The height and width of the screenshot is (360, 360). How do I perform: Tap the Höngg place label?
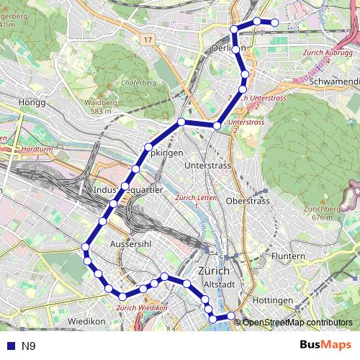tap(34, 102)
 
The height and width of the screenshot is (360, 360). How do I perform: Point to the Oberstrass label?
tap(248, 201)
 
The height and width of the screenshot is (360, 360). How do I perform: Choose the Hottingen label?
tap(273, 300)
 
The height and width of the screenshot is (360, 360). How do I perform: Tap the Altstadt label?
tap(220, 285)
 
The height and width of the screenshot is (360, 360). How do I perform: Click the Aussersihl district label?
tap(129, 245)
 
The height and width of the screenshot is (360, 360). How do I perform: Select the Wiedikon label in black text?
tap(87, 320)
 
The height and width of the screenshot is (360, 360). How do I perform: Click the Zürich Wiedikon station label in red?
tap(142, 307)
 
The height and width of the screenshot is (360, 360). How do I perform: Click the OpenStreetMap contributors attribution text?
tap(297, 323)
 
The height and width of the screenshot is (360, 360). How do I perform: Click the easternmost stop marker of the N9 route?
tap(274, 22)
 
